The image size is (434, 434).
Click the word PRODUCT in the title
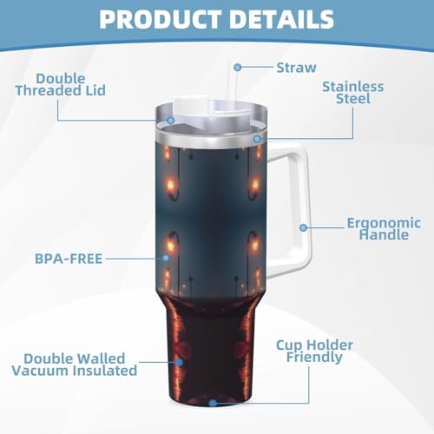(x=161, y=19)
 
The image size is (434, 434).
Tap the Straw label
(x=296, y=68)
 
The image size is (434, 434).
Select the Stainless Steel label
(x=353, y=93)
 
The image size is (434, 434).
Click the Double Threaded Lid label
(x=61, y=84)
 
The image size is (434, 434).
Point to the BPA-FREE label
(x=69, y=259)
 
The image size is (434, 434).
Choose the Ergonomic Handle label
(x=384, y=228)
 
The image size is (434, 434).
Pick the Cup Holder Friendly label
(x=314, y=351)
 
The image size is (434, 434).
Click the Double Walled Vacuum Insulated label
(x=75, y=365)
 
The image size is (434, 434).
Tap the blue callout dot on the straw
(x=238, y=68)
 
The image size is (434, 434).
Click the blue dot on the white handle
(x=303, y=227)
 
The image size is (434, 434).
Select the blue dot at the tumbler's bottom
(x=213, y=403)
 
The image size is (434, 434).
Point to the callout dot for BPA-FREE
(x=166, y=258)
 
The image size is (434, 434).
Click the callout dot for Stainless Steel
(x=257, y=139)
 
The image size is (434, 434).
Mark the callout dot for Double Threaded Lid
(x=171, y=121)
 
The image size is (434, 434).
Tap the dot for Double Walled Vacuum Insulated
(x=180, y=362)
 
